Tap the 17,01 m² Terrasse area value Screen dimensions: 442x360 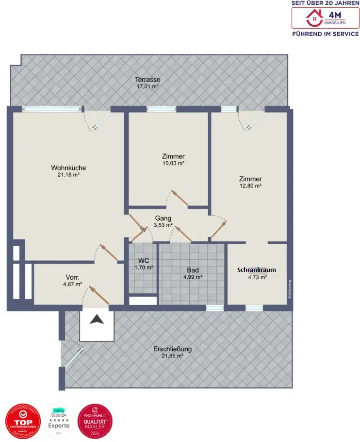[x=148, y=86]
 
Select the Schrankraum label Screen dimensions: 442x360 [x=257, y=270]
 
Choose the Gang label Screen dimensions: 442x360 [x=163, y=218]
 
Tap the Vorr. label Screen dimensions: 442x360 [x=73, y=277]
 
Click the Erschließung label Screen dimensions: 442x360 [x=172, y=349]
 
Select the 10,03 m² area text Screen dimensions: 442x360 [x=173, y=164]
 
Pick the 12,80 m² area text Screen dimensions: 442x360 [x=250, y=186]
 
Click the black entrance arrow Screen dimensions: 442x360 [x=97, y=320]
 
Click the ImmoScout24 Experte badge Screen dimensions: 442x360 [x=59, y=421]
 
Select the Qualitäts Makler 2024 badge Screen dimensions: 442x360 [x=95, y=421]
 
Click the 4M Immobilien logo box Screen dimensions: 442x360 [x=325, y=18]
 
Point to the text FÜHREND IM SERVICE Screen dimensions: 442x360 [x=325, y=34]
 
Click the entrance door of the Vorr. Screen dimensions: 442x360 [x=95, y=296]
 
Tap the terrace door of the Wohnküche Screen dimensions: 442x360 [x=96, y=120]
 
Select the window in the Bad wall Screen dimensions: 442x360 [x=214, y=307]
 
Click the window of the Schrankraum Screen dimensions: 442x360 [x=254, y=307]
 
